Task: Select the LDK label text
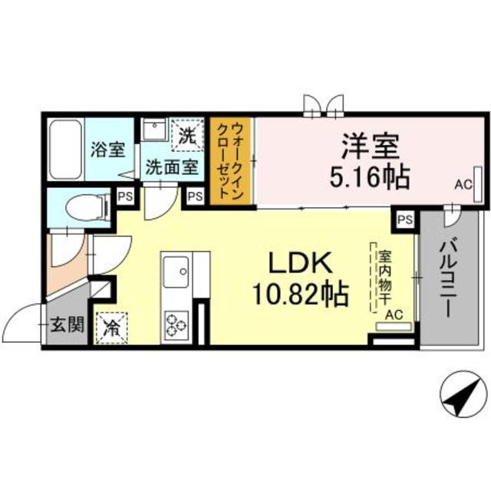coord(299,264)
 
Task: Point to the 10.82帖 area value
coord(299,294)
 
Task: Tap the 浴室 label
coord(108,148)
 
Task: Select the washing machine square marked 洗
coord(187,137)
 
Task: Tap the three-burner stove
coord(176,322)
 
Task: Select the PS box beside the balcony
coord(405,220)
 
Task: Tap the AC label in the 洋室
coord(462,184)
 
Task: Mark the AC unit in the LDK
coord(394,325)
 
